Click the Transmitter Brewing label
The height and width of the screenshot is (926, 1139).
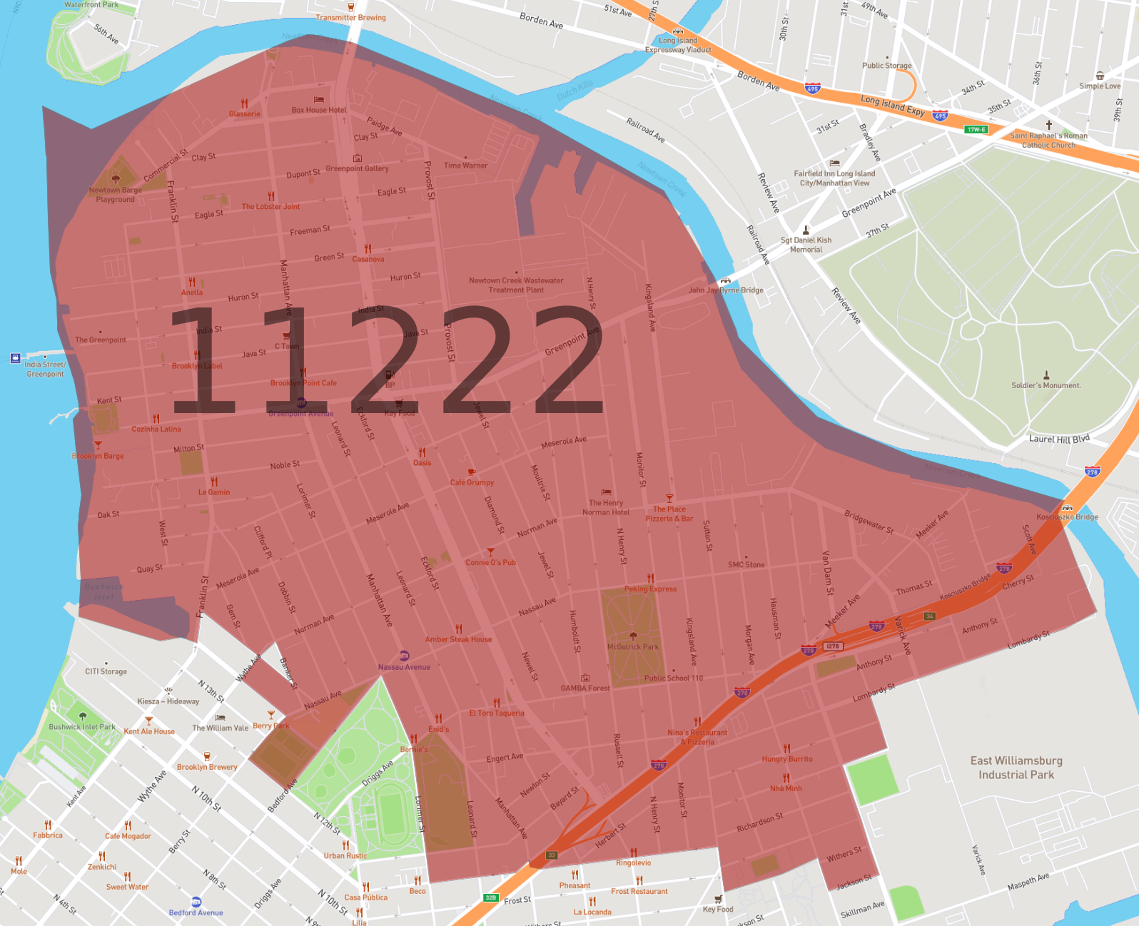pyautogui.click(x=350, y=18)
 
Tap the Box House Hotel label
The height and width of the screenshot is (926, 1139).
pyautogui.click(x=319, y=110)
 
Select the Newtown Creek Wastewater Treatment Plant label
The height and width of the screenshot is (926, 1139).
pyautogui.click(x=516, y=285)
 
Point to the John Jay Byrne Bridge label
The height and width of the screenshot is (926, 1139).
pyautogui.click(x=726, y=290)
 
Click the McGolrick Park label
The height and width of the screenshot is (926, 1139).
pyautogui.click(x=633, y=647)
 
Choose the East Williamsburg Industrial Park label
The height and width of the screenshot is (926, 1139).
pyautogui.click(x=1016, y=768)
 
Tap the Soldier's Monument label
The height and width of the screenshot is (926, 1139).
pyautogui.click(x=1046, y=385)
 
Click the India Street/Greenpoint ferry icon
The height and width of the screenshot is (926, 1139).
pyautogui.click(x=16, y=358)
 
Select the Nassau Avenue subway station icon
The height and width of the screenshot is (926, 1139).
pyautogui.click(x=404, y=656)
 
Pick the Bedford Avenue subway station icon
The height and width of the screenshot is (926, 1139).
pyautogui.click(x=196, y=902)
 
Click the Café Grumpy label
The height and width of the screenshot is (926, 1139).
pyautogui.click(x=472, y=482)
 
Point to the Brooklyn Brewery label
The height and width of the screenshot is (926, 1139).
pyautogui.click(x=207, y=767)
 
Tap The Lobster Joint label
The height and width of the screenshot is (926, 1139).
pyautogui.click(x=270, y=207)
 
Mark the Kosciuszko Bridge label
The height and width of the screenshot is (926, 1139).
pyautogui.click(x=1067, y=517)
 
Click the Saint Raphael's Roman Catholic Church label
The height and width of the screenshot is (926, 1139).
pyautogui.click(x=1048, y=140)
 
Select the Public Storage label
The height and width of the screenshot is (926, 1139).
pyautogui.click(x=887, y=66)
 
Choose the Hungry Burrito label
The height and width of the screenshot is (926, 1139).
pyautogui.click(x=787, y=759)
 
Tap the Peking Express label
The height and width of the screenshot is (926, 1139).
pyautogui.click(x=650, y=589)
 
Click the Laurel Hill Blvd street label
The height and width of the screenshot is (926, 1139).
pyautogui.click(x=1059, y=439)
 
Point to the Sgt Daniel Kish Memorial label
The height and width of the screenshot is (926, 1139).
pyautogui.click(x=806, y=245)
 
